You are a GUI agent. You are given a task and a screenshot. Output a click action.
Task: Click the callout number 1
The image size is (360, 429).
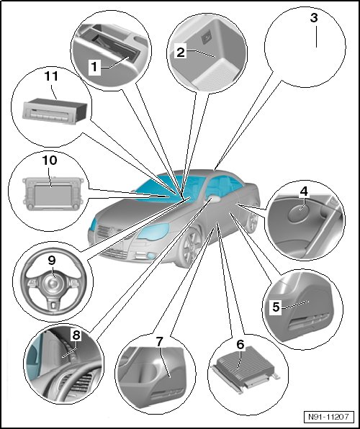tap(94, 66)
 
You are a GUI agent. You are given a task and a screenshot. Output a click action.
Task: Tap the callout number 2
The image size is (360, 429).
tap(181, 52)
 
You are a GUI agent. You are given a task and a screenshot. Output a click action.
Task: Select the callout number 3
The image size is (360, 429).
tap(314, 18)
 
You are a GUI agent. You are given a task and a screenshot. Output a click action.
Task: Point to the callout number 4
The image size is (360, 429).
tap(304, 191)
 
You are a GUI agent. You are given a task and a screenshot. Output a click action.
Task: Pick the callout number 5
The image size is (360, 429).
tap(276, 307)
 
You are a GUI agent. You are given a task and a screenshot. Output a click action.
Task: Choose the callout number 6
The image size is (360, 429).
tap(240, 345)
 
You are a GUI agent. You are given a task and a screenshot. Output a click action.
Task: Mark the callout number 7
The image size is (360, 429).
tap(159, 341)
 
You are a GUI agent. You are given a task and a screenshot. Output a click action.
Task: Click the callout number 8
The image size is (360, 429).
tap(76, 334)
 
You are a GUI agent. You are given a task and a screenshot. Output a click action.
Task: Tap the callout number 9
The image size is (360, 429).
tap(52, 261)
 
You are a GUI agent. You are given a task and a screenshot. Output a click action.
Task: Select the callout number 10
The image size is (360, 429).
tap(50, 161)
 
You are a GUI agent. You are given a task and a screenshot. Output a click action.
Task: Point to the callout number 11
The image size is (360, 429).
tap(51, 76)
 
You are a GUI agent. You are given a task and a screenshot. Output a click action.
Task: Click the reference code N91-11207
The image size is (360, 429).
tap(328, 417)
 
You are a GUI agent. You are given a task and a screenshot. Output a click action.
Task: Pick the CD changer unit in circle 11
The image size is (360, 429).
tap(55, 111)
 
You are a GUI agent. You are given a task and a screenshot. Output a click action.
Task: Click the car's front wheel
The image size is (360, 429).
tap(191, 248)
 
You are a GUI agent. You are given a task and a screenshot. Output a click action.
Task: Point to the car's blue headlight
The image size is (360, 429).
tap(153, 232)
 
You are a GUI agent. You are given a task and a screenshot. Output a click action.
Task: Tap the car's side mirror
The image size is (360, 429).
tap(215, 199)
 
